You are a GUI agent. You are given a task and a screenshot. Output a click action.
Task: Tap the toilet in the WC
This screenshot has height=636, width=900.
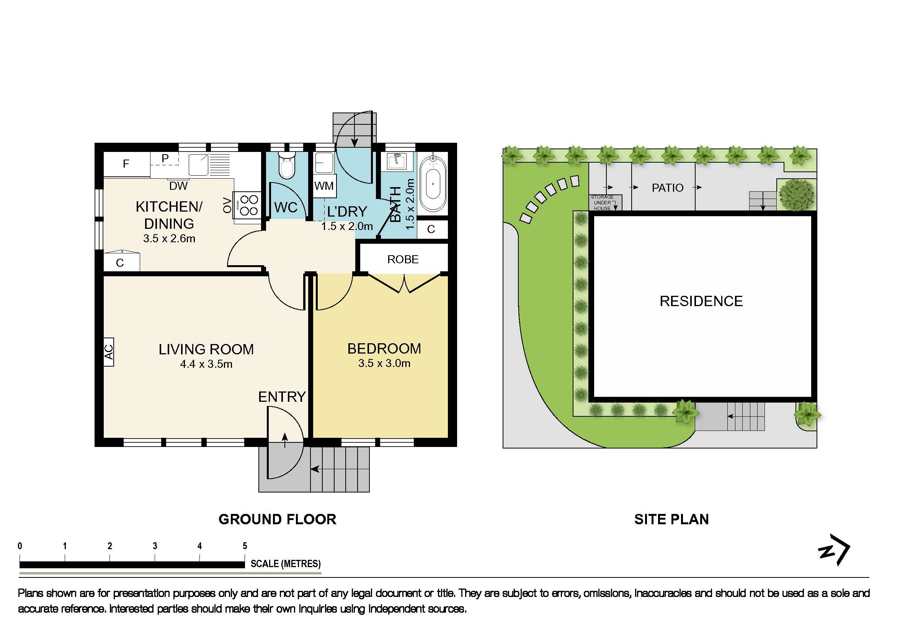[287, 166]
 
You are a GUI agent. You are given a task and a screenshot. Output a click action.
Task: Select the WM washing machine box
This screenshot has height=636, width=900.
[324, 186]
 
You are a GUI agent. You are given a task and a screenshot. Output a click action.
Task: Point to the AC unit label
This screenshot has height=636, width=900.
[109, 352]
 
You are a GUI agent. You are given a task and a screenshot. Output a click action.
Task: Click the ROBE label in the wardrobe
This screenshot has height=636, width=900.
[403, 259]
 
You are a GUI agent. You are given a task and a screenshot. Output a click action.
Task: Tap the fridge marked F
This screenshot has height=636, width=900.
[126, 164]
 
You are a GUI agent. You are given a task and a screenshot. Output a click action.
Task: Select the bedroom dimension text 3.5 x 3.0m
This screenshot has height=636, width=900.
[384, 363]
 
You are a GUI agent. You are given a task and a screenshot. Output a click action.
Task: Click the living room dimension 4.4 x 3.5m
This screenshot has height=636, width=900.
[206, 364]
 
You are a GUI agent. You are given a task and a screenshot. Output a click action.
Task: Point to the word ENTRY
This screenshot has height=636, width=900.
[282, 397]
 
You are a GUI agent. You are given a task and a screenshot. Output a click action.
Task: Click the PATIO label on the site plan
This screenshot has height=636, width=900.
[668, 188]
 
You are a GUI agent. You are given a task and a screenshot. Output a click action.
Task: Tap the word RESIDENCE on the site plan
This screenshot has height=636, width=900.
[701, 301]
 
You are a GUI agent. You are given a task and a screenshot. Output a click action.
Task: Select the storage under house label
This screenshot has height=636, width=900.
[602, 202]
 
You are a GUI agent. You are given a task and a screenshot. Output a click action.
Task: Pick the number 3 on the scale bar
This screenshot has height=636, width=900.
[155, 546]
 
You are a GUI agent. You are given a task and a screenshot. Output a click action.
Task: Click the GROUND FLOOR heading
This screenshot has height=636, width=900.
[277, 519]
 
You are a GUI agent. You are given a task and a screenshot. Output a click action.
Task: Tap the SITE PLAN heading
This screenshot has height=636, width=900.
[671, 519]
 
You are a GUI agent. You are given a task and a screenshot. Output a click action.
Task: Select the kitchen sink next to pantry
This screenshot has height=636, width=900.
[199, 165]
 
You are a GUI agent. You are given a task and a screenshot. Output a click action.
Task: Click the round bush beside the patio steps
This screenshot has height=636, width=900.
[796, 194]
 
